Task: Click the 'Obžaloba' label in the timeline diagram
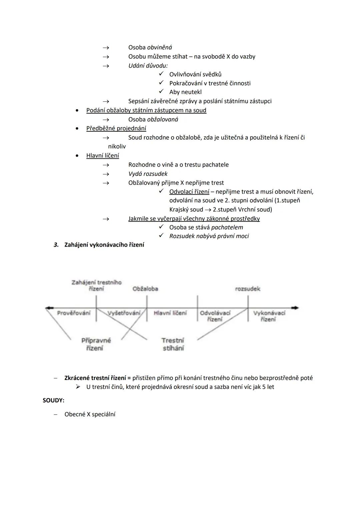tap(145, 289)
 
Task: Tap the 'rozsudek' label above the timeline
tap(247, 289)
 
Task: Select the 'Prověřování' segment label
tap(74, 313)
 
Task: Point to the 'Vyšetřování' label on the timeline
tap(124, 313)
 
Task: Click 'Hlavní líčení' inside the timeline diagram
tap(170, 313)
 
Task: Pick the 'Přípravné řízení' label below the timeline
tap(96, 344)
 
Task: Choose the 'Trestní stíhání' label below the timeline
tap(173, 344)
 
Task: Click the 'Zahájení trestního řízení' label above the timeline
tap(96, 285)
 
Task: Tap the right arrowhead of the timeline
tap(296, 308)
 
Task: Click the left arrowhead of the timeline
tap(48, 308)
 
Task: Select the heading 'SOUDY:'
tap(53, 400)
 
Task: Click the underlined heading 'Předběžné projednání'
tap(116, 128)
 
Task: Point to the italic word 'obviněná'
tap(159, 47)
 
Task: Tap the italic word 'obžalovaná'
tap(162, 119)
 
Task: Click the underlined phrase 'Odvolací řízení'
tap(189, 192)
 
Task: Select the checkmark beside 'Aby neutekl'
tap(161, 92)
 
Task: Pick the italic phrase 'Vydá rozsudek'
tap(148, 174)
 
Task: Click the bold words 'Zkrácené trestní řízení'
tap(95, 378)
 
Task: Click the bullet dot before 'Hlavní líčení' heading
tap(77, 156)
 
